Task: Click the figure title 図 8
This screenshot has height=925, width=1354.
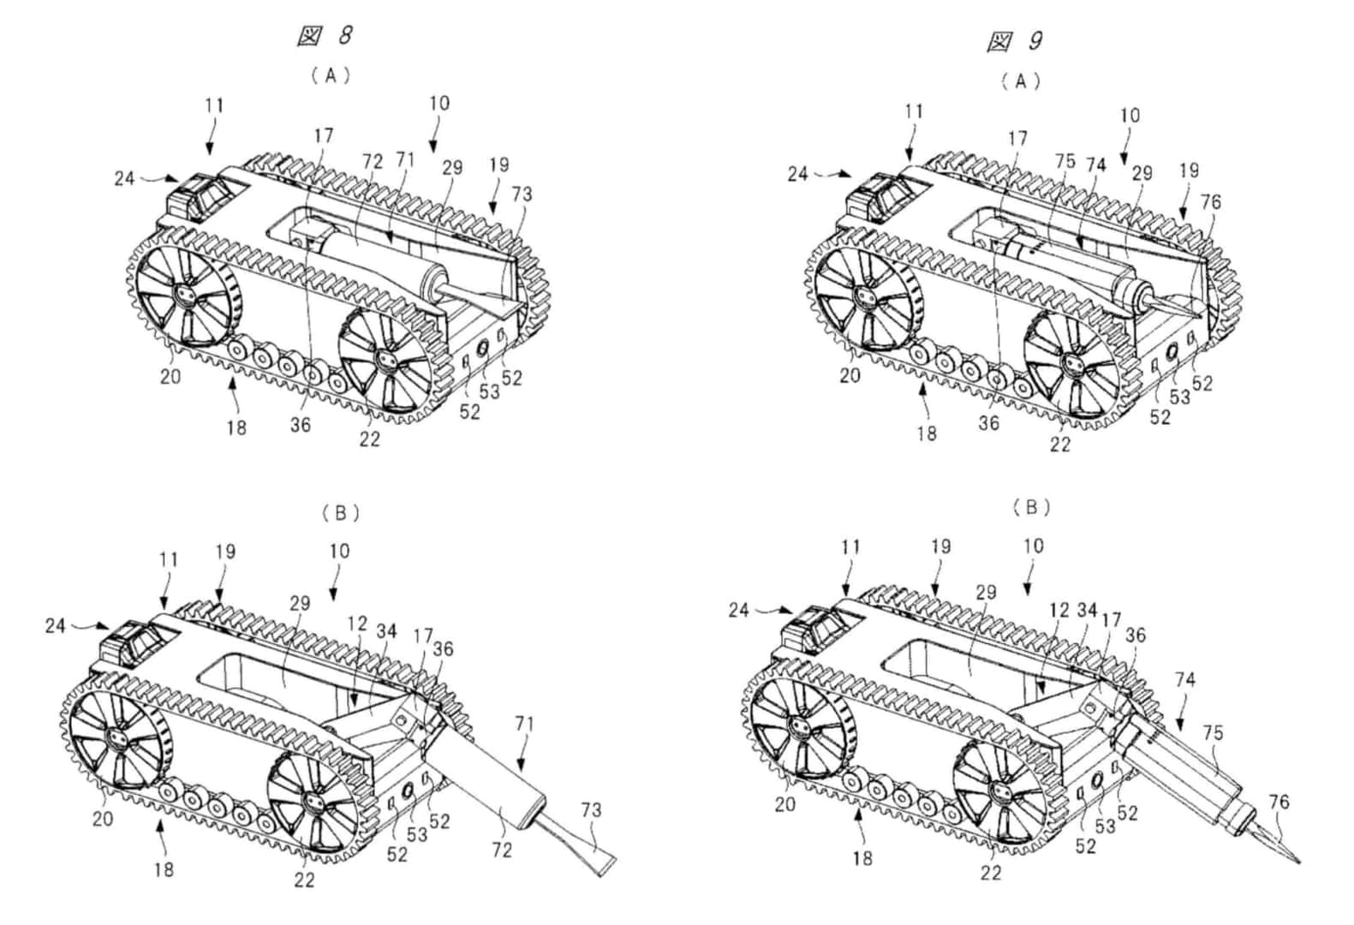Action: click(x=325, y=36)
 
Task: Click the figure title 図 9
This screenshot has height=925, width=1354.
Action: click(x=1015, y=40)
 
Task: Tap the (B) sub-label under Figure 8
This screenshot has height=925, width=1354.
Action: click(x=340, y=513)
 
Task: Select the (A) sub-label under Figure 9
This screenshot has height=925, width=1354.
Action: click(x=1021, y=81)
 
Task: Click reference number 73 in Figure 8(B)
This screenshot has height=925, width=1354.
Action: click(x=591, y=809)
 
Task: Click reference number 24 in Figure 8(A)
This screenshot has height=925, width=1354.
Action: click(x=124, y=179)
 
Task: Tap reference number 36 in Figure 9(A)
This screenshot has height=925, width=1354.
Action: click(x=989, y=422)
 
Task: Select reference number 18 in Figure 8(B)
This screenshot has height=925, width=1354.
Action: click(x=164, y=869)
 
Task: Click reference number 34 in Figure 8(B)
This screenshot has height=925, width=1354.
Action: click(x=386, y=631)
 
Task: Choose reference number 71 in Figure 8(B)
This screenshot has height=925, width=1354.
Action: click(x=525, y=723)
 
